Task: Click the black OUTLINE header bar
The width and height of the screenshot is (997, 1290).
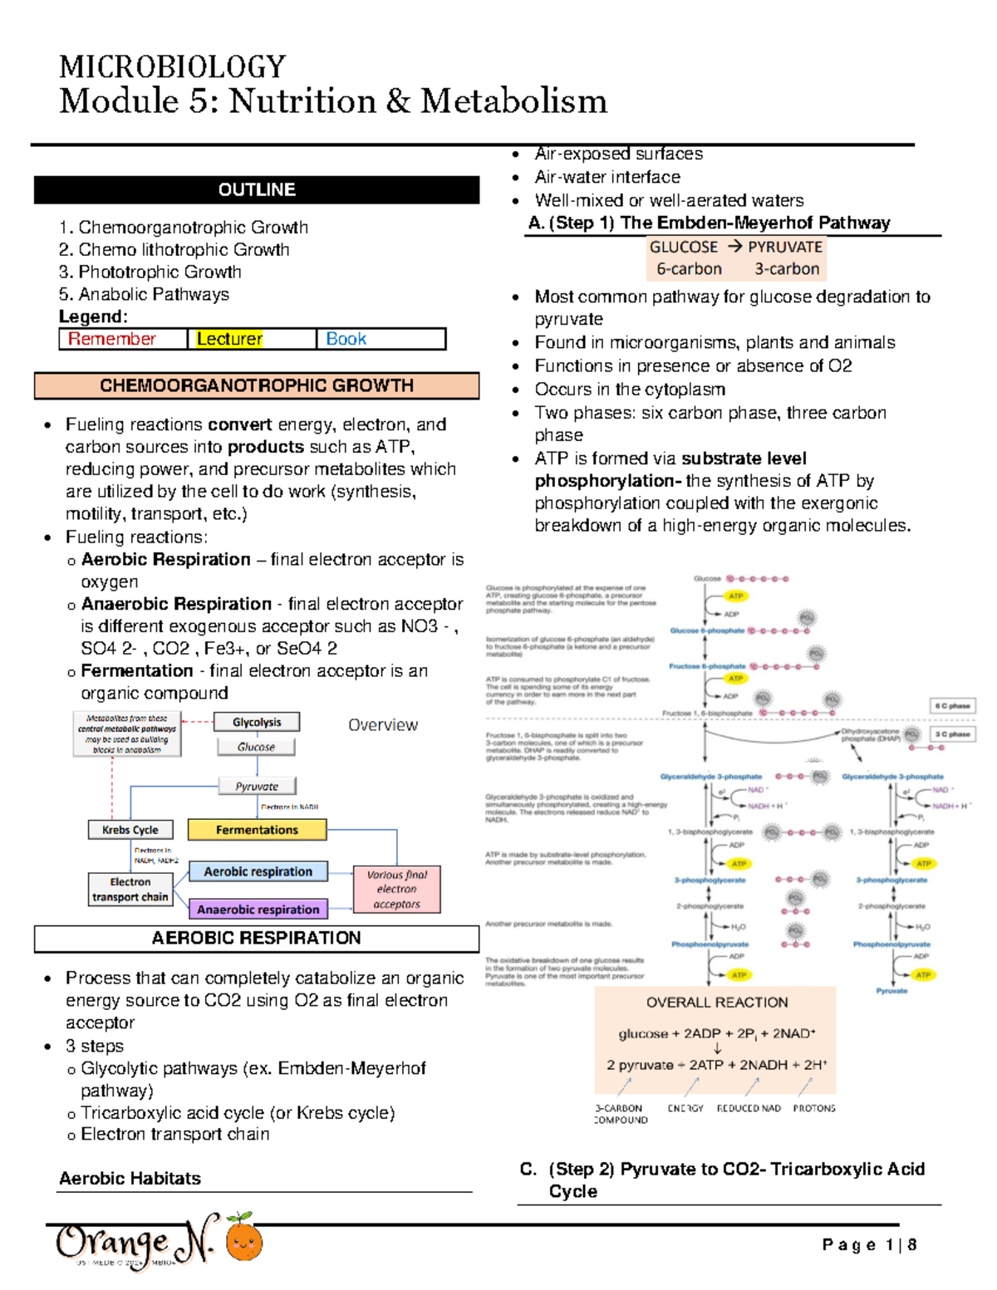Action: point(256,190)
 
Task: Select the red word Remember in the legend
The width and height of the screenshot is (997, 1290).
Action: point(112,339)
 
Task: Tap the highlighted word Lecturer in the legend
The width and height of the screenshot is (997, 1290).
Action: point(229,339)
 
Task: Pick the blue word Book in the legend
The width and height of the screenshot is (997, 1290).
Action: point(346,339)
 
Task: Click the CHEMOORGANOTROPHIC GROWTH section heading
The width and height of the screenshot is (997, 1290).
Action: point(256,385)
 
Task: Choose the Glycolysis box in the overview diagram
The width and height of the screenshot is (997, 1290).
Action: point(257,723)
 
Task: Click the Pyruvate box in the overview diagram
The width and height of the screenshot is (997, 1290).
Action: point(257,786)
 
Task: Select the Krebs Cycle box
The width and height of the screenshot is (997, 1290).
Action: point(130,830)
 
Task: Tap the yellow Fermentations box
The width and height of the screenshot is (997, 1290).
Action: point(257,830)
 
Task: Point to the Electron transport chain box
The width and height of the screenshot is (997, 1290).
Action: point(130,890)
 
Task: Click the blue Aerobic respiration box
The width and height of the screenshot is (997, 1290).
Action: point(258,871)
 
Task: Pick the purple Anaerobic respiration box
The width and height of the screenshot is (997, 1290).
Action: point(258,910)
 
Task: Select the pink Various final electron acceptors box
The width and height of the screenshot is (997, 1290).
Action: point(397,890)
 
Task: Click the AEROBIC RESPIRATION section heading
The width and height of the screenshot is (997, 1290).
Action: point(256,938)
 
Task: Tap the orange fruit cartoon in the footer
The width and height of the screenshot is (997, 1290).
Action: point(244,1241)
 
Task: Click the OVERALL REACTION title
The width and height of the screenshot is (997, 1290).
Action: point(717,1003)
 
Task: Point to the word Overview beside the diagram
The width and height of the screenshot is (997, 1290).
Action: point(382,725)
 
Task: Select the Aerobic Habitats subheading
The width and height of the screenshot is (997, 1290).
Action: point(130,1179)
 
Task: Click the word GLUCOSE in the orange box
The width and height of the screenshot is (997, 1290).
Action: point(684,248)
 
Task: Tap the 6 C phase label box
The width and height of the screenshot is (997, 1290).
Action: point(952,706)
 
